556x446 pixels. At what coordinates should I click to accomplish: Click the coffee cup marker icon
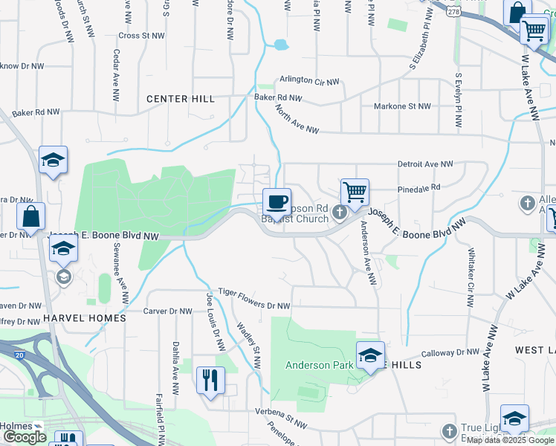[277, 201]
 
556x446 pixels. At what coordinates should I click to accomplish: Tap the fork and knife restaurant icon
[210, 381]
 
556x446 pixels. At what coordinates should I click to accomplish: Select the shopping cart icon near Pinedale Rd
[355, 192]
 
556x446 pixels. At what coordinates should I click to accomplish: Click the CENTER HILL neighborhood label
[181, 99]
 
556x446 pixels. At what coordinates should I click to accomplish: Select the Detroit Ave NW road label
[425, 164]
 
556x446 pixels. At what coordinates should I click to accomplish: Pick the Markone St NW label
[402, 106]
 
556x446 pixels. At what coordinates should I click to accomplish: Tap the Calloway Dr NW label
[450, 353]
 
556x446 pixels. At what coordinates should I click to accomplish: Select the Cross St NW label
[141, 35]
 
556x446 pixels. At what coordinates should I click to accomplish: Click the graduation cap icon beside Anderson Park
[370, 355]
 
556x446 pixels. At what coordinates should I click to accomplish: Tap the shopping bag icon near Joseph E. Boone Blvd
[31, 217]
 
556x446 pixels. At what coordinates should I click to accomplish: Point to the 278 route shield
[452, 12]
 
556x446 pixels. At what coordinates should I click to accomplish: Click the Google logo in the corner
[25, 437]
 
